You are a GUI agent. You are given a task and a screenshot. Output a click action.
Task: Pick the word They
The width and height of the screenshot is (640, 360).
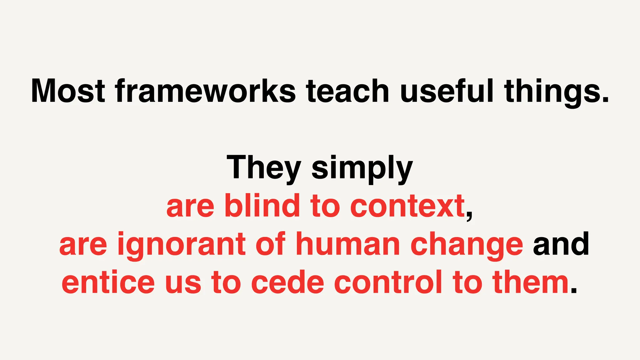(x=263, y=168)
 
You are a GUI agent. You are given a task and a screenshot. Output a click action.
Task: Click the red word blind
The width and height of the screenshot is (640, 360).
(x=262, y=206)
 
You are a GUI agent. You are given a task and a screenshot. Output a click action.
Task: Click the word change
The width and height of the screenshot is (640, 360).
(x=467, y=245)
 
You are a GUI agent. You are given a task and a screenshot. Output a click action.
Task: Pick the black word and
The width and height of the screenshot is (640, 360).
(x=561, y=244)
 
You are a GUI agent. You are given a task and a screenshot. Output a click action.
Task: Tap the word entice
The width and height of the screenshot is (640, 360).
(x=108, y=282)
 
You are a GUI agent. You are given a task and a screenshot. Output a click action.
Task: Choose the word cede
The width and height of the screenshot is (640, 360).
(x=287, y=282)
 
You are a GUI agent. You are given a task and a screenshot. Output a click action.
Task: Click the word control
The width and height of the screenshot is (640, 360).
(x=388, y=282)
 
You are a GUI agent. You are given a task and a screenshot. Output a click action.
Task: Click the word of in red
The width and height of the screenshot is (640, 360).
(x=271, y=244)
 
